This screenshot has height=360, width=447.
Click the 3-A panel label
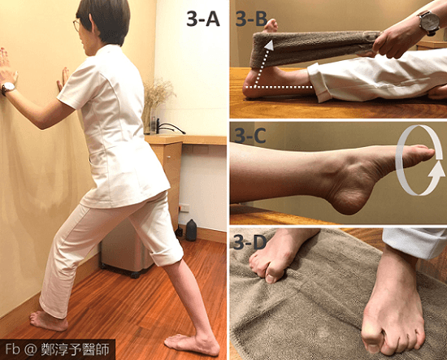[x=202, y=20]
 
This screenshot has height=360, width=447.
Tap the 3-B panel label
[x=251, y=20]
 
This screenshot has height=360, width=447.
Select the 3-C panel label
[x=250, y=136]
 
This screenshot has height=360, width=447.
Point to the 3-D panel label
[x=250, y=242]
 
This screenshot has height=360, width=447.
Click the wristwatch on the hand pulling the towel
[x=429, y=22]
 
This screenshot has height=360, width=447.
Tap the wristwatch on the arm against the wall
[x=8, y=88]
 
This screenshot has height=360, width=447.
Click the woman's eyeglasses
[x=76, y=25]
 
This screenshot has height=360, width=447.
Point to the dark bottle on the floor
[x=191, y=230]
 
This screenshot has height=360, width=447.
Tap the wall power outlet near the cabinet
[x=184, y=207]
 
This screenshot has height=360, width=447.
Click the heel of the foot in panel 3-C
[x=348, y=202]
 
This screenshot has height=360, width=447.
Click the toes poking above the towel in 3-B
[x=270, y=26]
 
